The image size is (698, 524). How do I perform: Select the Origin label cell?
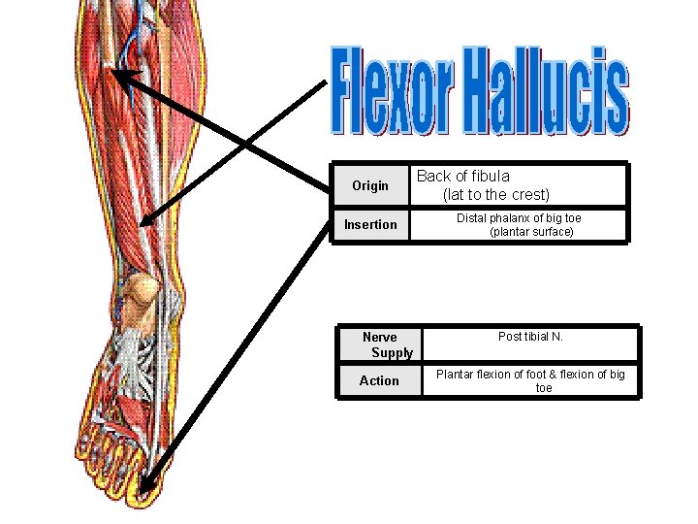pos(369,185)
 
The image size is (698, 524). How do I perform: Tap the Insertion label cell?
pos(370,224)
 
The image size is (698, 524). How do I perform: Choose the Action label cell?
pos(379,380)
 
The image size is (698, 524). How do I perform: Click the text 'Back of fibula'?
pos(462,177)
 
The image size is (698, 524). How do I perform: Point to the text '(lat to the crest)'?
pos(495,194)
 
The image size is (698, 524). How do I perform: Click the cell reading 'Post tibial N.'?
pos(530,337)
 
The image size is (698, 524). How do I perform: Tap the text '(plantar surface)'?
pos(531,232)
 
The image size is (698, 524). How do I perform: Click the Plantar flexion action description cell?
pos(530,380)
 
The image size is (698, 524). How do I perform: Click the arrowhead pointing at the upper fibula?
pos(118,74)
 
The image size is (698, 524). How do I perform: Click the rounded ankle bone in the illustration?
pos(142,290)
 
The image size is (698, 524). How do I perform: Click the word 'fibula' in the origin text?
pos(491,177)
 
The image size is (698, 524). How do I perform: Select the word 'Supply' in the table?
pos(392,352)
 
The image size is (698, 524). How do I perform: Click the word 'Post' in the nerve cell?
pos(509,337)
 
